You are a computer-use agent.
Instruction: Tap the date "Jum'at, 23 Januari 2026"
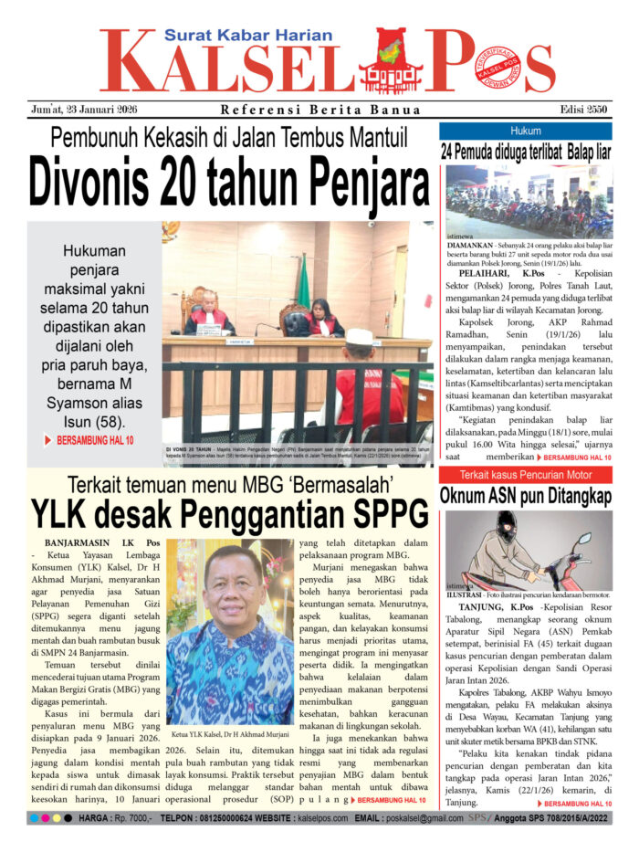[79, 110]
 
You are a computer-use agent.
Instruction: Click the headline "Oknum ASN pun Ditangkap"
[525, 496]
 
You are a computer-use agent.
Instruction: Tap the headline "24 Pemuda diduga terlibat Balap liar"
[525, 152]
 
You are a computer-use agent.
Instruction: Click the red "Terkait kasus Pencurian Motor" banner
[525, 475]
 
